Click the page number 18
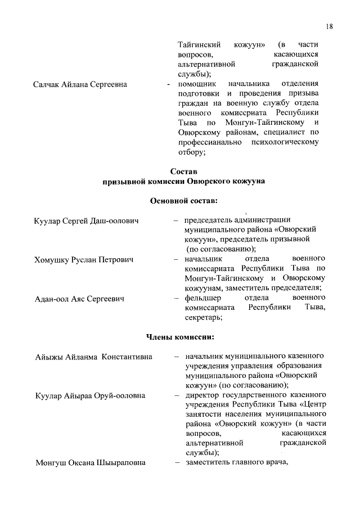click(330, 26)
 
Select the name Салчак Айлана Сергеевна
click(80, 84)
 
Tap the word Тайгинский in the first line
click(198, 44)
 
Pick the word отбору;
click(191, 151)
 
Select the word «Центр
click(313, 405)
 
